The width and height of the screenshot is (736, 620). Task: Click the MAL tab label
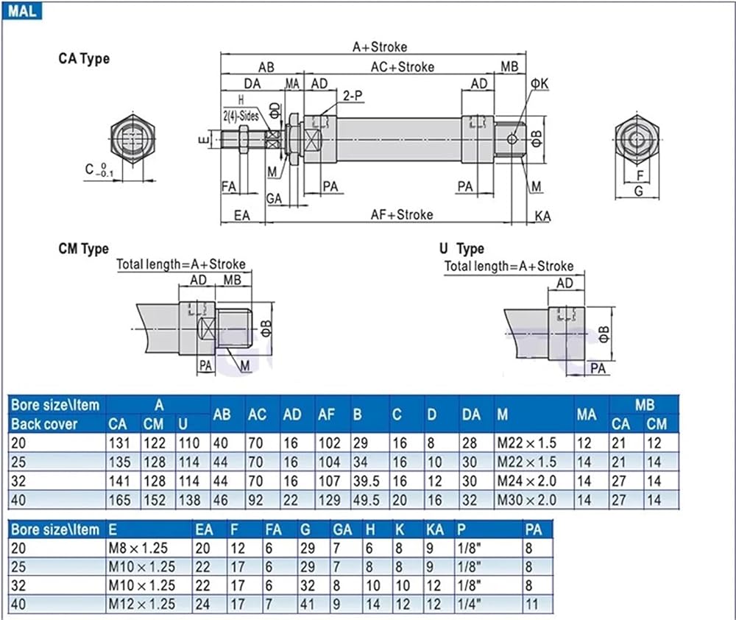click(x=22, y=12)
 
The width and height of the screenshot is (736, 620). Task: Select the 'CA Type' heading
click(x=83, y=59)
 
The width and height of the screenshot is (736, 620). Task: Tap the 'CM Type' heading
click(x=83, y=249)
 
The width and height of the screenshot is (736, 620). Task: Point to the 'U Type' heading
click(x=461, y=249)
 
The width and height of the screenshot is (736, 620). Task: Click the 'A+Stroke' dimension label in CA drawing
click(x=379, y=47)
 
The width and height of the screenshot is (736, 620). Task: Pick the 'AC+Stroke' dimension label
click(x=402, y=67)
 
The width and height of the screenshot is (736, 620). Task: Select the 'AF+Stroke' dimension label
click(x=401, y=215)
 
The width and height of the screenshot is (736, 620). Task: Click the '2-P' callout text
click(x=353, y=96)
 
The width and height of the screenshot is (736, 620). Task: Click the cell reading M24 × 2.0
click(x=526, y=481)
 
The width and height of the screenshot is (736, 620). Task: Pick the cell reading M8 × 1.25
click(x=141, y=547)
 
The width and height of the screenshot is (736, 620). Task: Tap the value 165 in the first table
click(x=118, y=500)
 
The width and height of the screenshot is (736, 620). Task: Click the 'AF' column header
click(x=328, y=415)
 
